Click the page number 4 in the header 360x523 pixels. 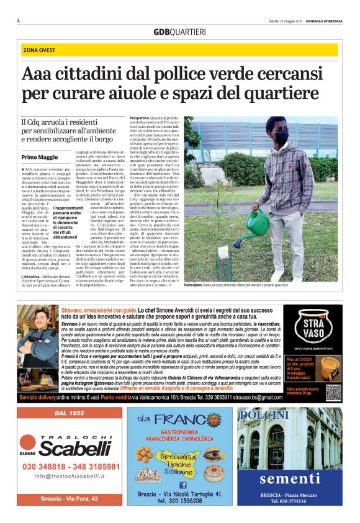tap(19, 20)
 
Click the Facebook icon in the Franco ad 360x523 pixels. tap(183, 484)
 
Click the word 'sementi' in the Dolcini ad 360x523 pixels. tap(289, 478)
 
